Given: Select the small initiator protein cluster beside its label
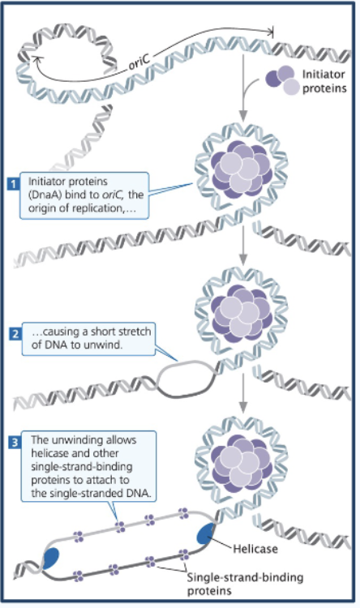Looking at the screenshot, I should (x=279, y=82).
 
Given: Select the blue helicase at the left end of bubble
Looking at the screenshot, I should (x=52, y=557).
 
